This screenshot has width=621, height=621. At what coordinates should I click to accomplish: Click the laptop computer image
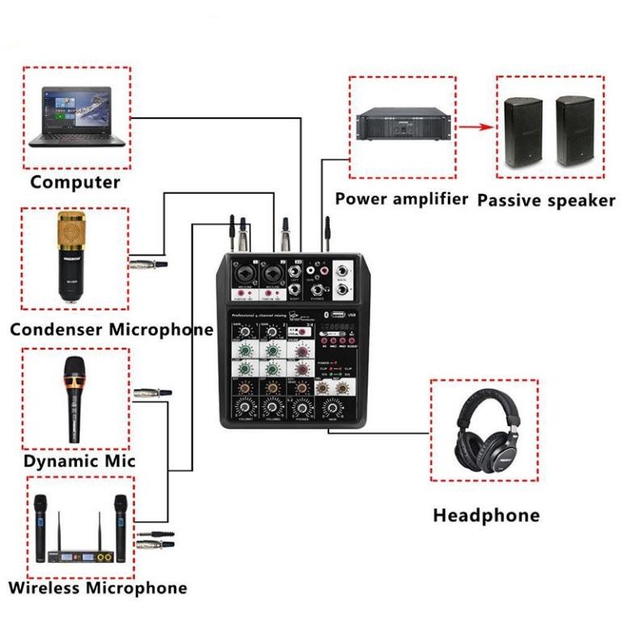(77, 117)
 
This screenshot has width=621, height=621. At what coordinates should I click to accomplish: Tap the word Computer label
(74, 182)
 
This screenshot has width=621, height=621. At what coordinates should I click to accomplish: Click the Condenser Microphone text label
(112, 329)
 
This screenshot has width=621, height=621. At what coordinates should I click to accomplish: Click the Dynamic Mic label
(79, 461)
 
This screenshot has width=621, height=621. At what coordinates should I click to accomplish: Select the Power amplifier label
(401, 199)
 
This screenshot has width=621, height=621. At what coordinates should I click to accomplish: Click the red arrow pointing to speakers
(476, 126)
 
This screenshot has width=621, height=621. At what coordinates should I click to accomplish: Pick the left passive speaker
(523, 132)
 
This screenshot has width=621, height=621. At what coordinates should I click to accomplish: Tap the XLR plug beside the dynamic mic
(153, 392)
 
